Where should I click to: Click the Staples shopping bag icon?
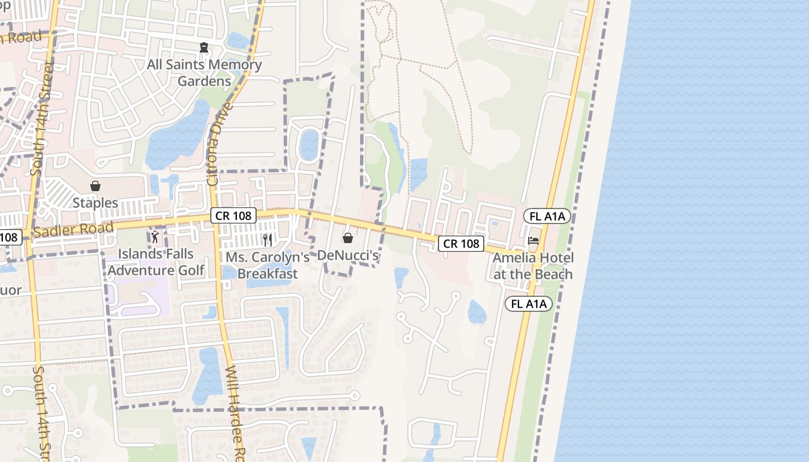(95, 186)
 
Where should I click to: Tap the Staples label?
(95, 203)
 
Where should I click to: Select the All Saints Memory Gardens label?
(204, 73)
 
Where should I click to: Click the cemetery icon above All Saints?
(203, 47)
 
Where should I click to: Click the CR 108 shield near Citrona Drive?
(233, 215)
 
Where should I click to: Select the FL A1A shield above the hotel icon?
(547, 217)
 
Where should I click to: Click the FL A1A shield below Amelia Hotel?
(529, 304)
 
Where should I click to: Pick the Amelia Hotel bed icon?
(533, 240)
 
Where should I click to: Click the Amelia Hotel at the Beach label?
(533, 266)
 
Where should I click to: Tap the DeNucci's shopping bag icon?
(348, 238)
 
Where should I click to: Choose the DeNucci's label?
(348, 255)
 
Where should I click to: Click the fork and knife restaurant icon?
(267, 240)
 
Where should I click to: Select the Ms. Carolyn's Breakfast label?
(268, 266)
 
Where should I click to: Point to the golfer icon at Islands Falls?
(155, 236)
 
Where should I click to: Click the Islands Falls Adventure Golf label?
(156, 262)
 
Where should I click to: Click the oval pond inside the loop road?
(309, 145)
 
